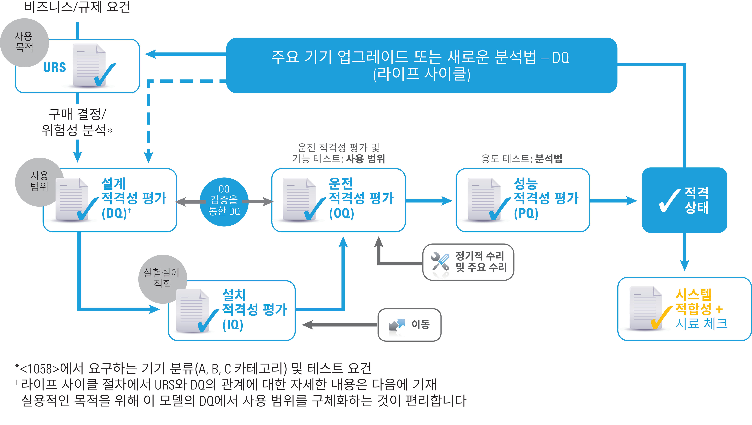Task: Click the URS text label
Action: coord(55,67)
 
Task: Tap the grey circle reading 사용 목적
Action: coord(24,42)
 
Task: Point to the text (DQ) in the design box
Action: coord(114,213)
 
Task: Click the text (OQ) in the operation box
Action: coord(341,213)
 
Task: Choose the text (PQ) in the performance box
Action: coord(526,213)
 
